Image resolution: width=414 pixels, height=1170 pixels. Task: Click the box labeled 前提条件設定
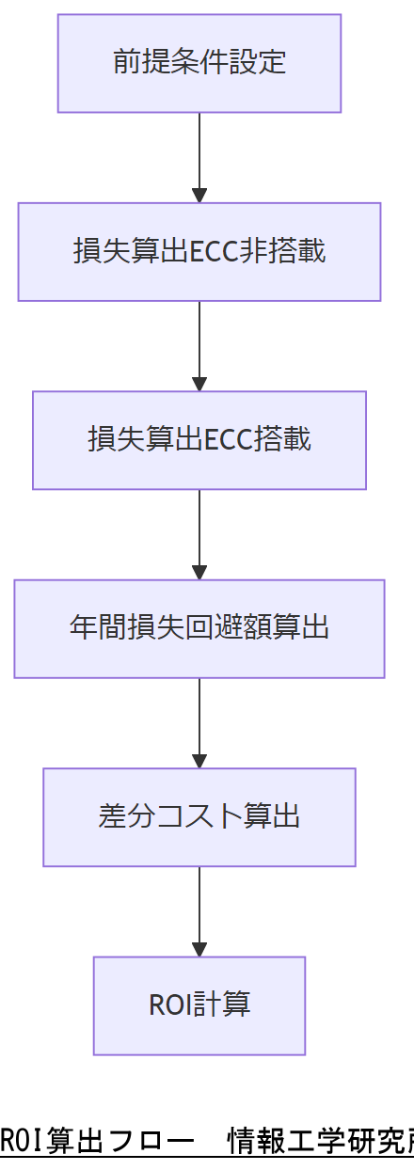coord(199,63)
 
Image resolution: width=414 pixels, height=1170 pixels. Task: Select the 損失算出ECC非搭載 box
coord(199,252)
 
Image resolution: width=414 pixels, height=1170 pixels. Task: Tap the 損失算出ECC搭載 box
coord(199,440)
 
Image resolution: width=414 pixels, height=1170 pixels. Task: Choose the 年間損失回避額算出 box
coord(199,628)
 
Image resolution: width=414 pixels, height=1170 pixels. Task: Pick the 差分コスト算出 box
coord(199,817)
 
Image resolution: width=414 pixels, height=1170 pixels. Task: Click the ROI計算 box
coord(199,1005)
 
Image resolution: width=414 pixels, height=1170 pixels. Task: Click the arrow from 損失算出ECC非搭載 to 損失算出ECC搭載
coord(199,345)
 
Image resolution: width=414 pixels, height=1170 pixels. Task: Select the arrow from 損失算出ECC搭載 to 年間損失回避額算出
coord(199,533)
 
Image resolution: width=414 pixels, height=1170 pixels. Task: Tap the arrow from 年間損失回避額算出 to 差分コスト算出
coord(199,722)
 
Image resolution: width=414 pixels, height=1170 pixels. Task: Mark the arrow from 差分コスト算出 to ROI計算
coord(199,910)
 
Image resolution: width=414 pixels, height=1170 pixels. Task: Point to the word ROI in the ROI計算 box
coord(169,1005)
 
